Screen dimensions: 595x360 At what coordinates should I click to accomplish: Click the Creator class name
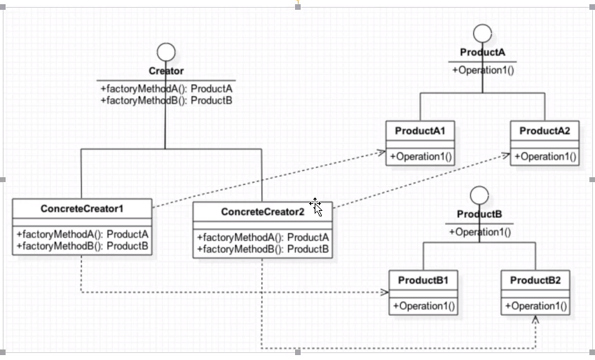coord(166,71)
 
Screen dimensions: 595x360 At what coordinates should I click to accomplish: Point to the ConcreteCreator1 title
coord(82,209)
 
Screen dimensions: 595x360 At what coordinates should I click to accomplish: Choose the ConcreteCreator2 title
coord(263,212)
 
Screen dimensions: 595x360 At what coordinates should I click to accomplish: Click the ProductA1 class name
coord(420,131)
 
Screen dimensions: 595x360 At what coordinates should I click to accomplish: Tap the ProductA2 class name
coord(545,131)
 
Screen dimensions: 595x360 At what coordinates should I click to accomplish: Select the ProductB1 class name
coord(423,280)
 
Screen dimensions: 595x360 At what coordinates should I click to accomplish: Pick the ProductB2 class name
coord(535,280)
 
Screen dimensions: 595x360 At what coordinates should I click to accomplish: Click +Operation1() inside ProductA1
coord(420,157)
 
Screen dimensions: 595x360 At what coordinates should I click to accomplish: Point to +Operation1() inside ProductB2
coord(536,306)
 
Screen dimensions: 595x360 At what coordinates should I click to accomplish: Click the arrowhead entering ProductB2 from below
coord(535,319)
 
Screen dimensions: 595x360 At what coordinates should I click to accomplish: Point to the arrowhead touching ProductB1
coord(384,292)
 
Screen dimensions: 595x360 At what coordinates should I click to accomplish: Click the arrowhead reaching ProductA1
coord(382,153)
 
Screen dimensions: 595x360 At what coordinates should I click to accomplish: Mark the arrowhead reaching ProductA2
coord(506,155)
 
